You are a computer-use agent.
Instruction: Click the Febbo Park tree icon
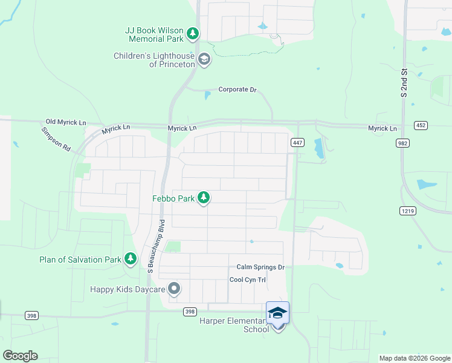tap(204, 197)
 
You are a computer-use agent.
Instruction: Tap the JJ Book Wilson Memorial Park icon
tap(193, 34)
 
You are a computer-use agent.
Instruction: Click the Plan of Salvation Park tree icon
tap(130, 260)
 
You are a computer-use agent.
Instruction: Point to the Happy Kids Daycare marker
tap(174, 289)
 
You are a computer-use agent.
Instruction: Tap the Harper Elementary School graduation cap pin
tap(277, 313)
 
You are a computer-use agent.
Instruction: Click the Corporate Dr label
tap(237, 90)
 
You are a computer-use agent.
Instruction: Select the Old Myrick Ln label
tap(62, 122)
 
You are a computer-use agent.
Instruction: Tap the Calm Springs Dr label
tap(260, 267)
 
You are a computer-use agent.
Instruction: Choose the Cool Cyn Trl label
tap(248, 280)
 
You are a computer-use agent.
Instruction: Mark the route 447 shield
tap(297, 143)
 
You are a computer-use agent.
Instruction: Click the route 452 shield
tap(421, 125)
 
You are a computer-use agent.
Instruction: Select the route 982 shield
tap(402, 143)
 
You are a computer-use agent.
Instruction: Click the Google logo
tap(20, 356)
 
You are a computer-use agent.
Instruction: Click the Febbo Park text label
tap(172, 198)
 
